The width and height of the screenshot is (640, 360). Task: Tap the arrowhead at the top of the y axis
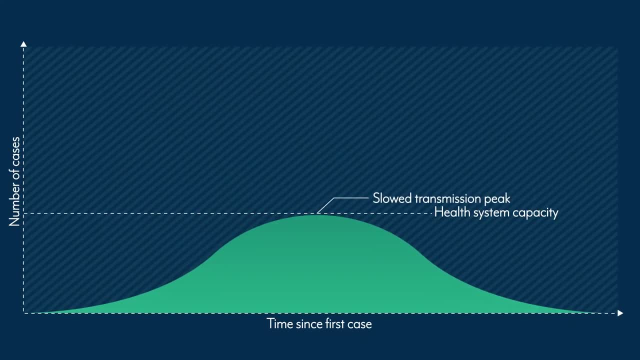coord(23,44)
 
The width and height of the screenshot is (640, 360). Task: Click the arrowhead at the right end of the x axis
coord(620,313)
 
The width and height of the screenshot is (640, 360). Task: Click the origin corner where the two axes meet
coord(23,313)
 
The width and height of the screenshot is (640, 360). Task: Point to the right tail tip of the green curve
coord(595,312)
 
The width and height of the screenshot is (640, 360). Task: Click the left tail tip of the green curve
coord(37,312)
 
